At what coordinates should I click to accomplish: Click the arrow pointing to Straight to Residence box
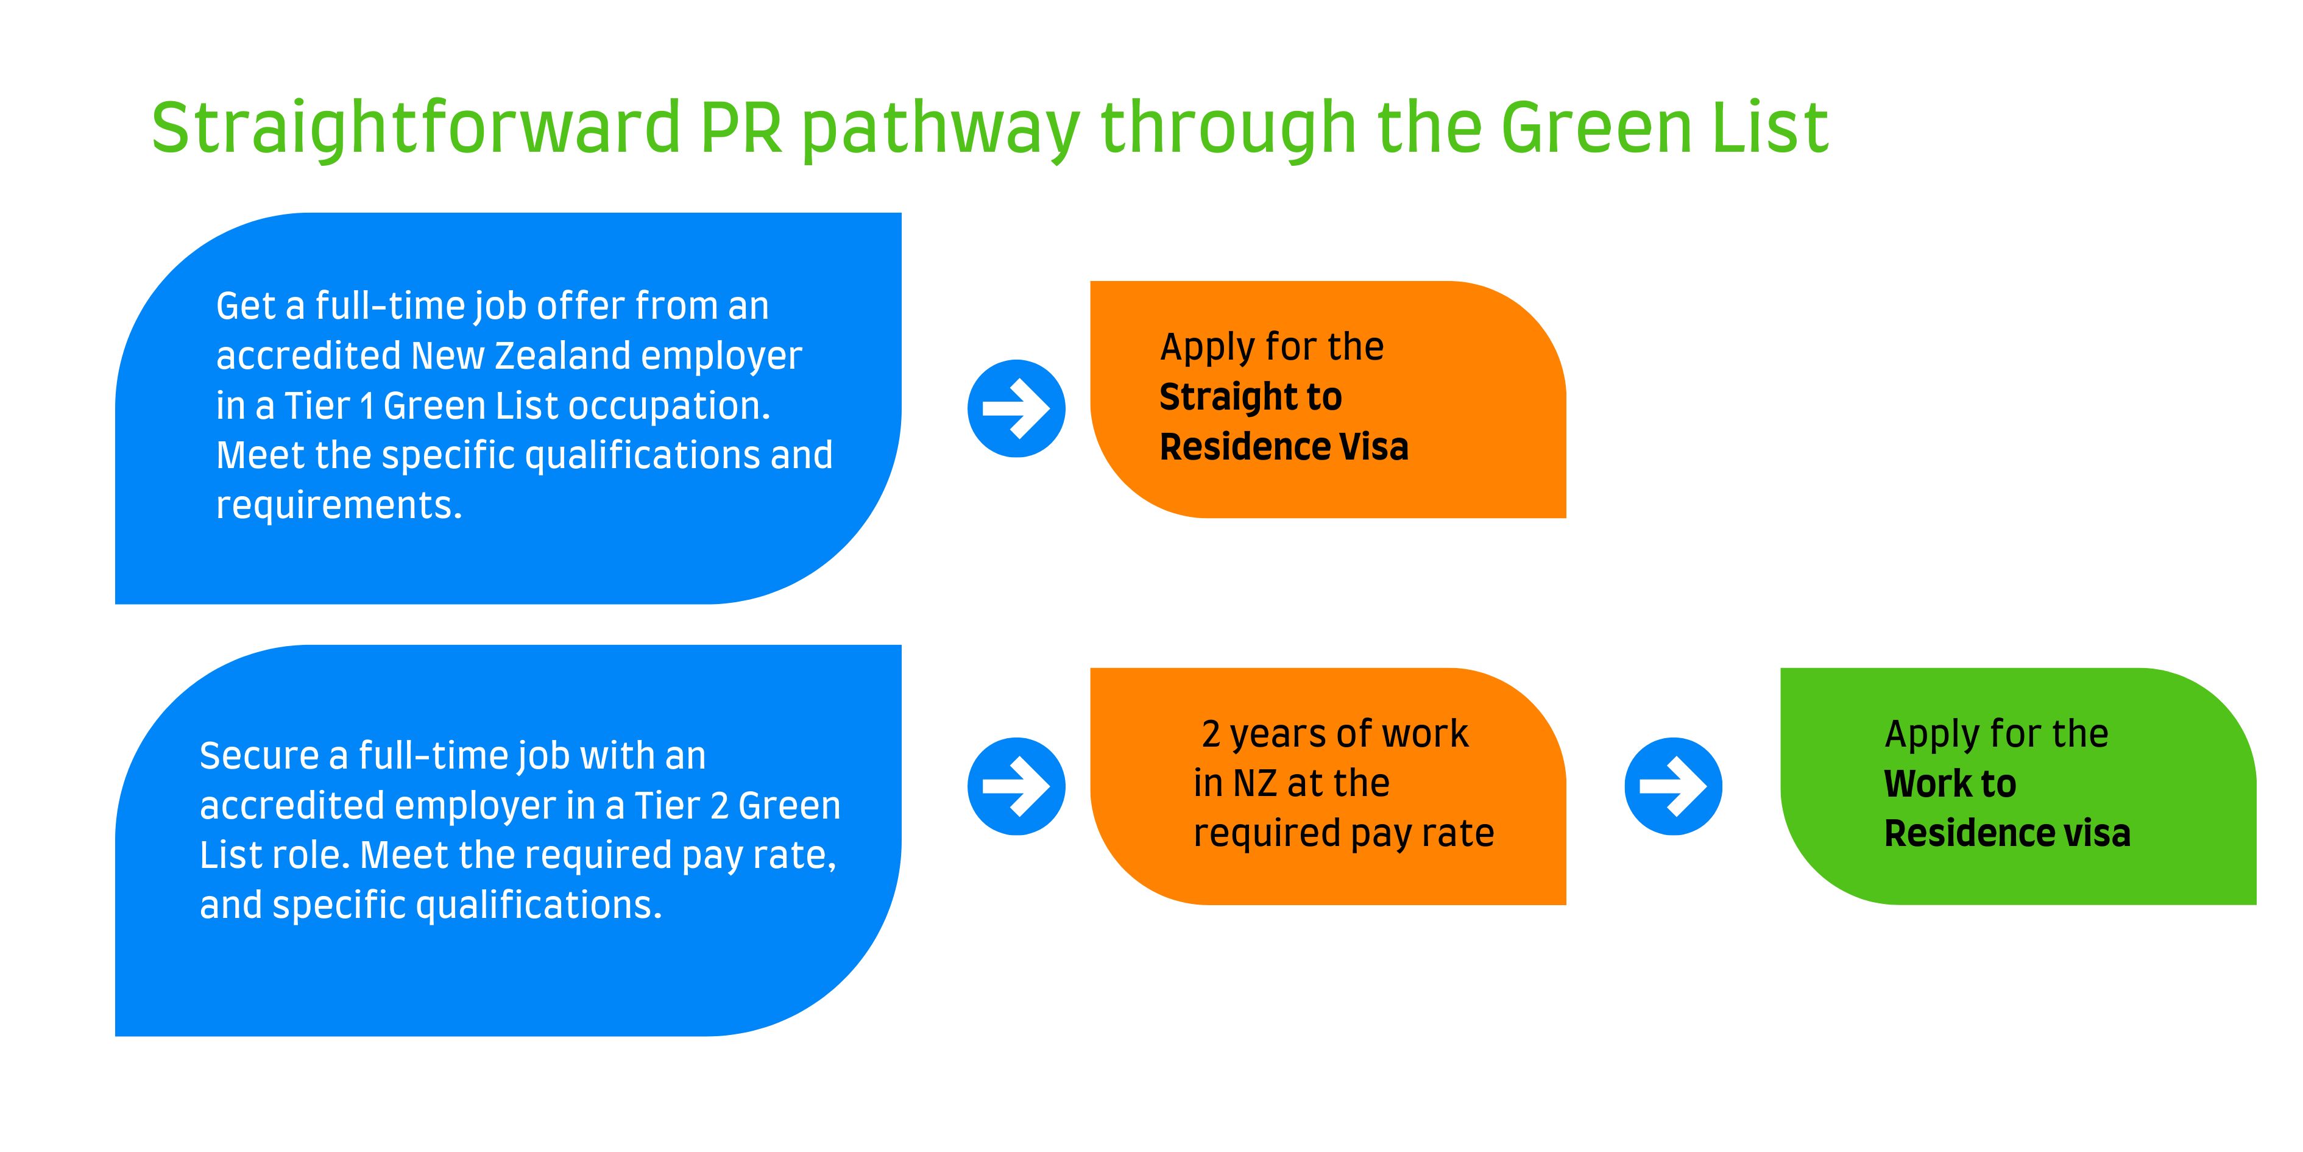pyautogui.click(x=1016, y=409)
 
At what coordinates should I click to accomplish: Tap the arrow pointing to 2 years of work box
pyautogui.click(x=1016, y=786)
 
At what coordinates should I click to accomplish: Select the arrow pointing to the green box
pyautogui.click(x=1672, y=786)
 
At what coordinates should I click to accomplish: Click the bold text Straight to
pyautogui.click(x=1250, y=397)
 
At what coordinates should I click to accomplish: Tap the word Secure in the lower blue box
pyautogui.click(x=260, y=756)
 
